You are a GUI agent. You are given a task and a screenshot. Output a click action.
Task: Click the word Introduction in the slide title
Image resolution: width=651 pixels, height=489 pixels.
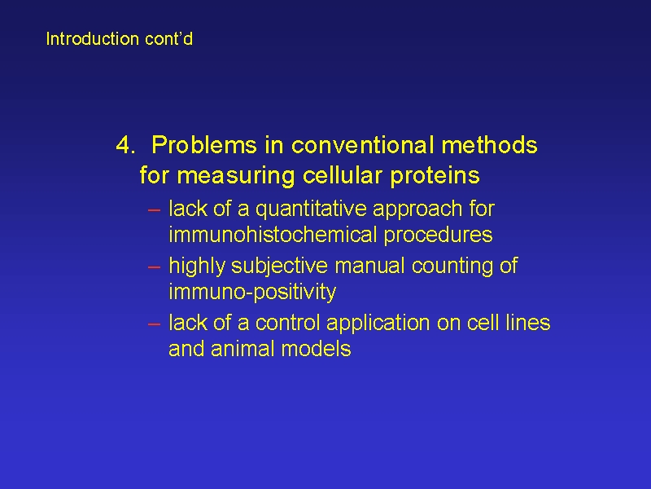[x=92, y=38]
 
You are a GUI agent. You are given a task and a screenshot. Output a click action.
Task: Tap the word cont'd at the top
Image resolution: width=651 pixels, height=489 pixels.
[x=168, y=38]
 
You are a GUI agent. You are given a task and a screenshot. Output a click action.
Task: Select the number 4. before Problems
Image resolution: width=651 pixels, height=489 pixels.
[x=125, y=145]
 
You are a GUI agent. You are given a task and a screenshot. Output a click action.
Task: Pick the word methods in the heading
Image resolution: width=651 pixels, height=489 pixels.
[x=489, y=145]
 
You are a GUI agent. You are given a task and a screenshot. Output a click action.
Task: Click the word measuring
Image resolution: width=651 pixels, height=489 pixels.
[x=236, y=175]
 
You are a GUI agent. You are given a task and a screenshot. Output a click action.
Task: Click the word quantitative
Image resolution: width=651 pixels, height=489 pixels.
[x=311, y=209]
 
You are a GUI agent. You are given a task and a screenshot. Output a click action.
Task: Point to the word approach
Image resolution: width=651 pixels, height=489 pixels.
[x=417, y=209]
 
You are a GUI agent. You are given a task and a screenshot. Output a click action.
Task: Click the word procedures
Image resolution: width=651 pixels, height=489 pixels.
[x=438, y=235]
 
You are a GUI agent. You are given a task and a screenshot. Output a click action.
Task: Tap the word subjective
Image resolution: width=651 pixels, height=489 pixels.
[x=279, y=267]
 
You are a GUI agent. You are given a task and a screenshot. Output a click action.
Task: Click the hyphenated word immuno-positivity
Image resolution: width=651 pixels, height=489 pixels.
[x=252, y=292]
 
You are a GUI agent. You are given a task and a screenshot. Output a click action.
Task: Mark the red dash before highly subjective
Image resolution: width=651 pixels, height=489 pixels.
[x=154, y=267]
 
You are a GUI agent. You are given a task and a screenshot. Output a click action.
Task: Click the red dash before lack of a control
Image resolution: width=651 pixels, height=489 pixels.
[x=154, y=324]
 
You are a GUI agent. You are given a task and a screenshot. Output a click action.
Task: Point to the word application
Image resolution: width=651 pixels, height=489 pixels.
[x=378, y=323]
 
